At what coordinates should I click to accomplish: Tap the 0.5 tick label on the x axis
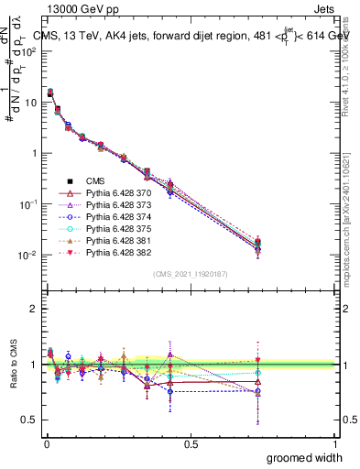[x=191, y=444]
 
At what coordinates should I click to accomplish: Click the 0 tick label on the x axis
[x=46, y=444]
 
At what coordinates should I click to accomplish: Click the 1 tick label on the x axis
[x=335, y=444]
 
